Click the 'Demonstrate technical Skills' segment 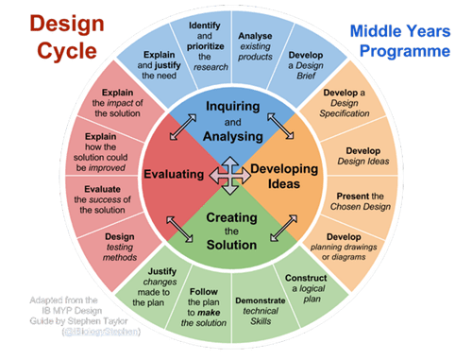tap(255, 307)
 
